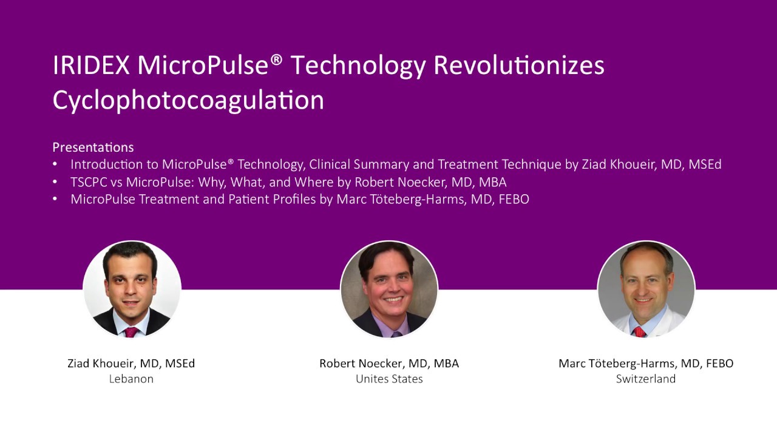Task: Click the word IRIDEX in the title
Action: click(x=91, y=66)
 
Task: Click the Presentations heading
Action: click(x=93, y=147)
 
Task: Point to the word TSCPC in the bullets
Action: click(x=89, y=181)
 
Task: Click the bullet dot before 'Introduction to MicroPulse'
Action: click(x=56, y=164)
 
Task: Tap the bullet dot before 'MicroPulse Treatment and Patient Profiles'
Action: click(x=56, y=199)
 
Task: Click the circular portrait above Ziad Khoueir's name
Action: click(x=132, y=289)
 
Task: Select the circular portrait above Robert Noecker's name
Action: click(x=389, y=289)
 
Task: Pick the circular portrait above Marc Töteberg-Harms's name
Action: click(x=646, y=289)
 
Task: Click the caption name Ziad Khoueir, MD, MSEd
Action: click(x=131, y=364)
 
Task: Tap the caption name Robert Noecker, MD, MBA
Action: click(x=389, y=364)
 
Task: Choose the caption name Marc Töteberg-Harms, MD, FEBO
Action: click(x=646, y=364)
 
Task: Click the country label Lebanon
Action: click(x=131, y=379)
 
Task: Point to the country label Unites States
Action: click(x=389, y=379)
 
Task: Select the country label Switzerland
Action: click(x=646, y=379)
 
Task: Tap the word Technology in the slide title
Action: click(x=358, y=66)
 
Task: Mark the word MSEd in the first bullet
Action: click(x=705, y=164)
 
